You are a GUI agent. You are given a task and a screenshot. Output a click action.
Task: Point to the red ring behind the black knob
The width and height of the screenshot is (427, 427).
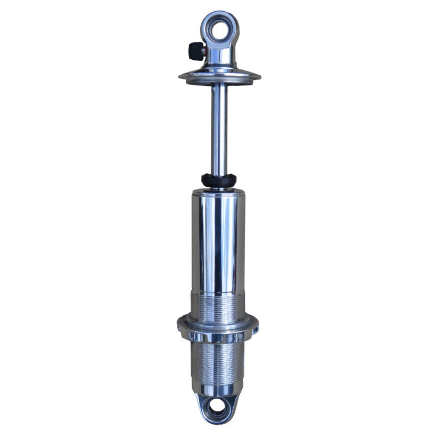(x=203, y=51)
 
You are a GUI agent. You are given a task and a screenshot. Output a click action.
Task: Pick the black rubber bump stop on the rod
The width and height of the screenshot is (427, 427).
(x=219, y=180)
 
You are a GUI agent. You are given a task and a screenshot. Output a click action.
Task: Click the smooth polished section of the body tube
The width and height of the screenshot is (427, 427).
(x=219, y=240)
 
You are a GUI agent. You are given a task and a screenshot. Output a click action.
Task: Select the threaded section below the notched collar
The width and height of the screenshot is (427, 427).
(x=219, y=363)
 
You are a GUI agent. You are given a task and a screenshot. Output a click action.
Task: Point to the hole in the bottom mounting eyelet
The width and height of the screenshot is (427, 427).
(x=217, y=408)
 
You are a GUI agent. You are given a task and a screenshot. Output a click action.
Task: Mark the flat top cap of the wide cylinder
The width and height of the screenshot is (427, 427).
(x=219, y=192)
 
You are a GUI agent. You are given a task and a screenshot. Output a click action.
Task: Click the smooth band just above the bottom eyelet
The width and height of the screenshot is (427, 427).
(x=218, y=389)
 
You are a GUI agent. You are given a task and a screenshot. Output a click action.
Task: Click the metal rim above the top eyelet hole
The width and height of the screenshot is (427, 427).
(x=219, y=14)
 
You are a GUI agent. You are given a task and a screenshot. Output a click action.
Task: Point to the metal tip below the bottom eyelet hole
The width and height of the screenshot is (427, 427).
(x=217, y=421)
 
